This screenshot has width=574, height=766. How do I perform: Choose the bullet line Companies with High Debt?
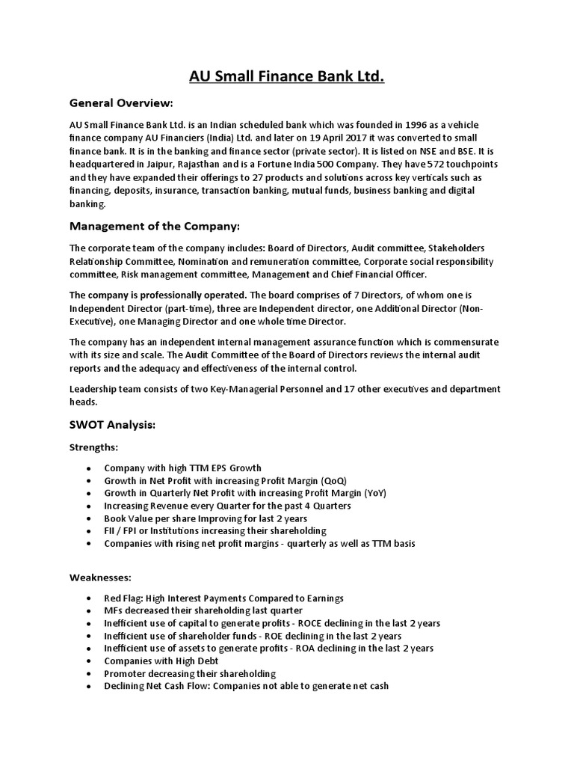pyautogui.click(x=152, y=661)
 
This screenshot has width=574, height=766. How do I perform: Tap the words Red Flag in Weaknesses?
pyautogui.click(x=123, y=598)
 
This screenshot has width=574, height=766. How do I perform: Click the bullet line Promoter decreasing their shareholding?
pyautogui.click(x=190, y=674)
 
